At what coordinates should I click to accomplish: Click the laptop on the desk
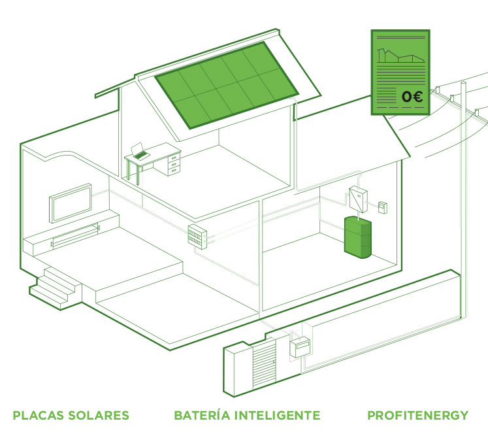(x=139, y=152)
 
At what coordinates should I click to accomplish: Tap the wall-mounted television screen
(x=71, y=203)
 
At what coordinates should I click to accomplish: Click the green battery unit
(x=357, y=237)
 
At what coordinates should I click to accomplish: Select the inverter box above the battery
(x=358, y=199)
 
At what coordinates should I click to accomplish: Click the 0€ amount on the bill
(x=412, y=97)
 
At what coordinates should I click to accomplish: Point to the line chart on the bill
(x=401, y=56)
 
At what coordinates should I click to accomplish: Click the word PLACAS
(x=39, y=416)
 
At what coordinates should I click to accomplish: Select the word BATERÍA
(x=202, y=415)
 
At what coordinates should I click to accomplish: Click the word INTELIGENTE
(x=277, y=416)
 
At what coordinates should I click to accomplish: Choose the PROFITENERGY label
(x=418, y=416)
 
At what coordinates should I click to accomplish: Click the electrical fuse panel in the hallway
(x=197, y=237)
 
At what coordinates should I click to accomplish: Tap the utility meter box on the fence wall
(x=300, y=346)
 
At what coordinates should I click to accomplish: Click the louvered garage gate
(x=264, y=364)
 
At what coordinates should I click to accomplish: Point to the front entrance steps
(x=56, y=288)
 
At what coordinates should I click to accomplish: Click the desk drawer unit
(x=174, y=164)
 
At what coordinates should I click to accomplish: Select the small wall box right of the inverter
(x=382, y=207)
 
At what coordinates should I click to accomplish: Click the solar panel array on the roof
(x=227, y=85)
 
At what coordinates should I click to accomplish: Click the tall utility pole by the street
(x=463, y=199)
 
